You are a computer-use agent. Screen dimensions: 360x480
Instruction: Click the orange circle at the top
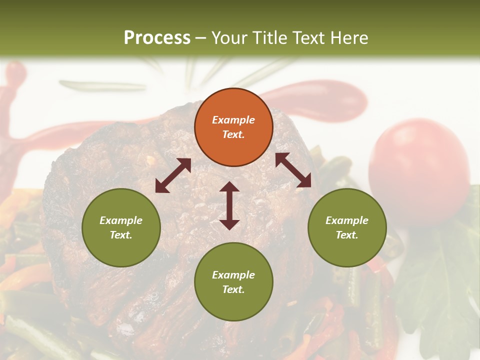click(233, 127)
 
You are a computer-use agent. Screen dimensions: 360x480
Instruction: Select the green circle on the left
click(121, 227)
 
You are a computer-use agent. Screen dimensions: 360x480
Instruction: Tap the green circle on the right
click(347, 227)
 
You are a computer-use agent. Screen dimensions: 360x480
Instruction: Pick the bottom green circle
click(233, 282)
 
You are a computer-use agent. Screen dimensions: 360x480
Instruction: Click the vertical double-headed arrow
click(229, 205)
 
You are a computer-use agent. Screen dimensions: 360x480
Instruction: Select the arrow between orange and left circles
click(173, 175)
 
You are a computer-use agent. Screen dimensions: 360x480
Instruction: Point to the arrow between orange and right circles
click(293, 170)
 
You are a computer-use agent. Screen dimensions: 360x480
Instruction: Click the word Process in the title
click(157, 37)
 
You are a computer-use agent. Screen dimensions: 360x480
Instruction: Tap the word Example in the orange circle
click(233, 120)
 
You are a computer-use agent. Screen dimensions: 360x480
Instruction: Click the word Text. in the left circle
click(121, 235)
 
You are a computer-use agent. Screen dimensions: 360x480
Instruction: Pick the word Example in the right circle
click(347, 220)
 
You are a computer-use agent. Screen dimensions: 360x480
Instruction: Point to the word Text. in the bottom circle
click(233, 289)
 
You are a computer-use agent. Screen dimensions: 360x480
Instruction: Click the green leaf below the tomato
click(440, 280)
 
